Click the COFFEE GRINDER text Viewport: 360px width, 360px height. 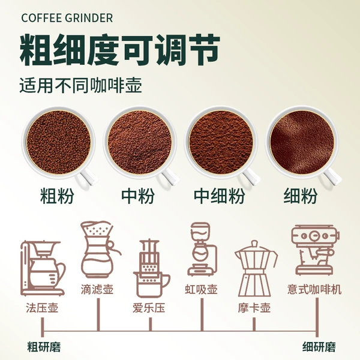click(x=67, y=18)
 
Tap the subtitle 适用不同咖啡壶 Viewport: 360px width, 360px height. click(x=80, y=86)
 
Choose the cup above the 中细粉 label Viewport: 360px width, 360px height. click(x=222, y=145)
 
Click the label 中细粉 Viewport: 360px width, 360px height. click(x=219, y=196)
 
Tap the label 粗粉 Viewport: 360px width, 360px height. click(x=57, y=196)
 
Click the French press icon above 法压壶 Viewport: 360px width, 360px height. click(x=43, y=269)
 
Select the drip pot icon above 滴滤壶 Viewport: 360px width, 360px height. click(x=100, y=250)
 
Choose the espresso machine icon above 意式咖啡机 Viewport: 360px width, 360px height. click(x=315, y=250)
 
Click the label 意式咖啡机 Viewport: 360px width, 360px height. click(x=314, y=289)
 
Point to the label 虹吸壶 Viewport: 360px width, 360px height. click(x=201, y=289)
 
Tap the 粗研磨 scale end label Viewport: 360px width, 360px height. click(x=44, y=347)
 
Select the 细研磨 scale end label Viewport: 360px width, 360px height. click(x=319, y=347)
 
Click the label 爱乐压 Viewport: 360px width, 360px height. click(x=149, y=308)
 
